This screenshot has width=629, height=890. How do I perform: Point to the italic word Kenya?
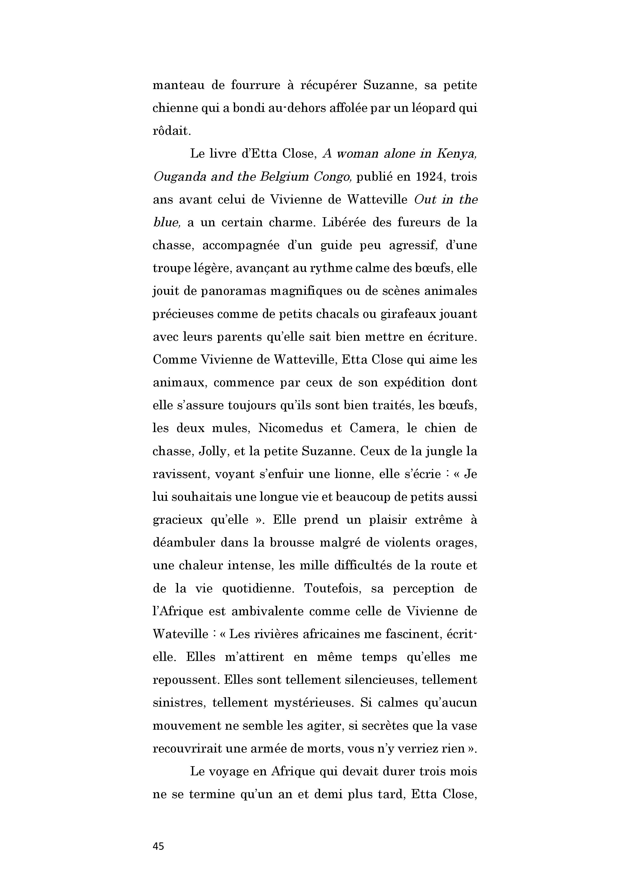click(x=457, y=154)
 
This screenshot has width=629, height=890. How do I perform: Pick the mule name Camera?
click(x=370, y=429)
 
